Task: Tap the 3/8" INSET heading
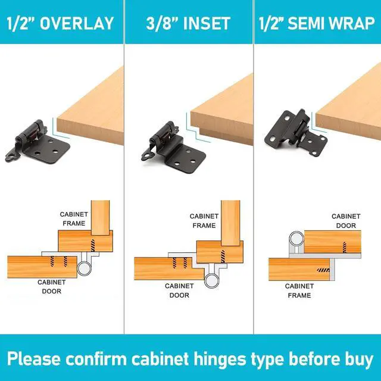(x=188, y=23)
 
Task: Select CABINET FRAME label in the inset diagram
(x=204, y=221)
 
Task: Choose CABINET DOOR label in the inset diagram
(x=179, y=291)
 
